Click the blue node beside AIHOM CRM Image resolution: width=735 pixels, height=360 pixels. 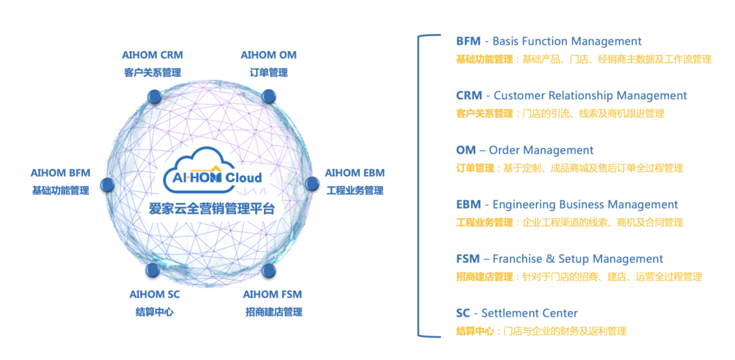pos(154,97)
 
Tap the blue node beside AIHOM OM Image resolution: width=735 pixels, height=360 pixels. pos(268,97)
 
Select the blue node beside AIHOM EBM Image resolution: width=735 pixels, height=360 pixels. pos(312,184)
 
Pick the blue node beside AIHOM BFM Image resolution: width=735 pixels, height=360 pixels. pos(108,184)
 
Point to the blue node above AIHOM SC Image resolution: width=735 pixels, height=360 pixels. pos(153,269)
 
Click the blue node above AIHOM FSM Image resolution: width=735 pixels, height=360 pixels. pos(269,270)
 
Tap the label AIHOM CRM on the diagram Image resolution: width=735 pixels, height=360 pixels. pos(152,55)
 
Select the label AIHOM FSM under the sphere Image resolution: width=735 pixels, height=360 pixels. pos(272,295)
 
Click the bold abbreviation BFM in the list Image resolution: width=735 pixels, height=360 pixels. pos(468,42)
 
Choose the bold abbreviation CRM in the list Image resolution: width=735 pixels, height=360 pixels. pos(469,96)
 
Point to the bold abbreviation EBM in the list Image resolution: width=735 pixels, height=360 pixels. pos(468,205)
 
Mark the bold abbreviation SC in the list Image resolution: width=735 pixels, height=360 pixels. pos(463,313)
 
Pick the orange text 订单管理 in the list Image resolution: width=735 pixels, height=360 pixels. pos(475,168)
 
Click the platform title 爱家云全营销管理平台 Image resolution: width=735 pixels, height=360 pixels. pos(212,208)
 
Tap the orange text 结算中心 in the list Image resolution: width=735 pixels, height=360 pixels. pos(475,331)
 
